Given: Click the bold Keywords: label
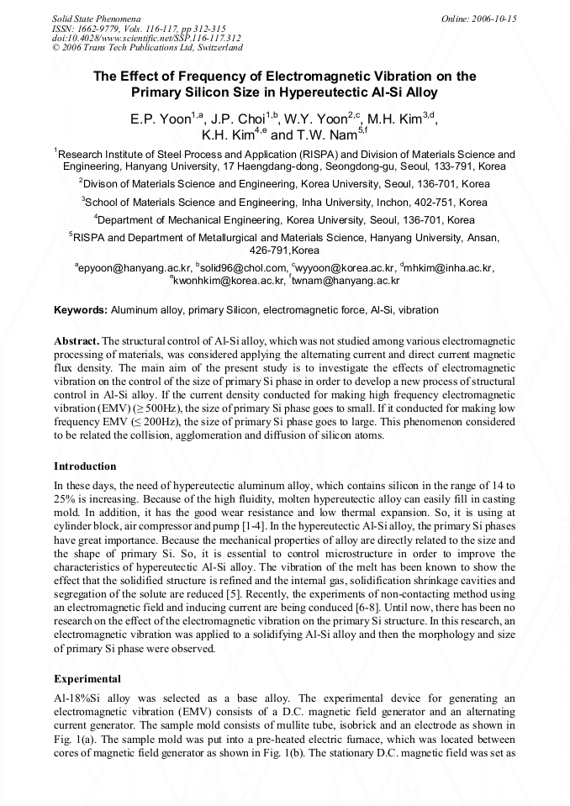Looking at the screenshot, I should (x=81, y=310).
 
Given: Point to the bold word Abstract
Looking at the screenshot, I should (x=77, y=341).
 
